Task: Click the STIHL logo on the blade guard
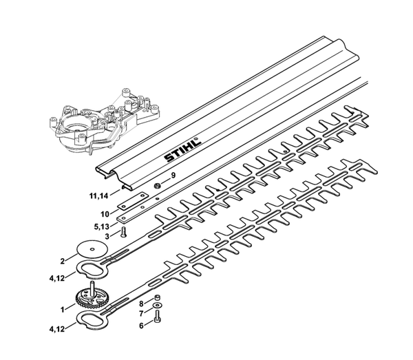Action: (183, 149)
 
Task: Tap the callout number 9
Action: (173, 176)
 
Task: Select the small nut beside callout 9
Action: (157, 186)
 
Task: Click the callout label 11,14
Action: (98, 196)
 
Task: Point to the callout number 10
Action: (105, 214)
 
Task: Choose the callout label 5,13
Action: (101, 226)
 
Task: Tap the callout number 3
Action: (107, 237)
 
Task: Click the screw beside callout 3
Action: (123, 233)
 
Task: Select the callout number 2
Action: (63, 262)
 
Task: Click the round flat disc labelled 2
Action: (92, 249)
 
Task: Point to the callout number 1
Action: (63, 310)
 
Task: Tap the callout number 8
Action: (141, 304)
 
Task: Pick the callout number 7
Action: (141, 314)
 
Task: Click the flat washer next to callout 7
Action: (158, 306)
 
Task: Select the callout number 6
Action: (141, 326)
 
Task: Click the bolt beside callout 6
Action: (158, 317)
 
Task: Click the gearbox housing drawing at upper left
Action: (104, 120)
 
